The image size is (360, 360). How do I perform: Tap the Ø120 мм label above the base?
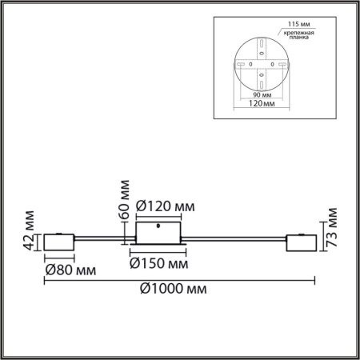[x=165, y=206]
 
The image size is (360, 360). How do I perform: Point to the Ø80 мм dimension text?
[x=66, y=269]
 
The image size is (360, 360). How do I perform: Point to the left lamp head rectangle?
[x=60, y=241]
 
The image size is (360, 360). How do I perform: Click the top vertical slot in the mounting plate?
[x=262, y=44]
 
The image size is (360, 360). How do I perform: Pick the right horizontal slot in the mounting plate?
[x=282, y=63]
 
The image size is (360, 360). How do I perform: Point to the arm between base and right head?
[x=232, y=238]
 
